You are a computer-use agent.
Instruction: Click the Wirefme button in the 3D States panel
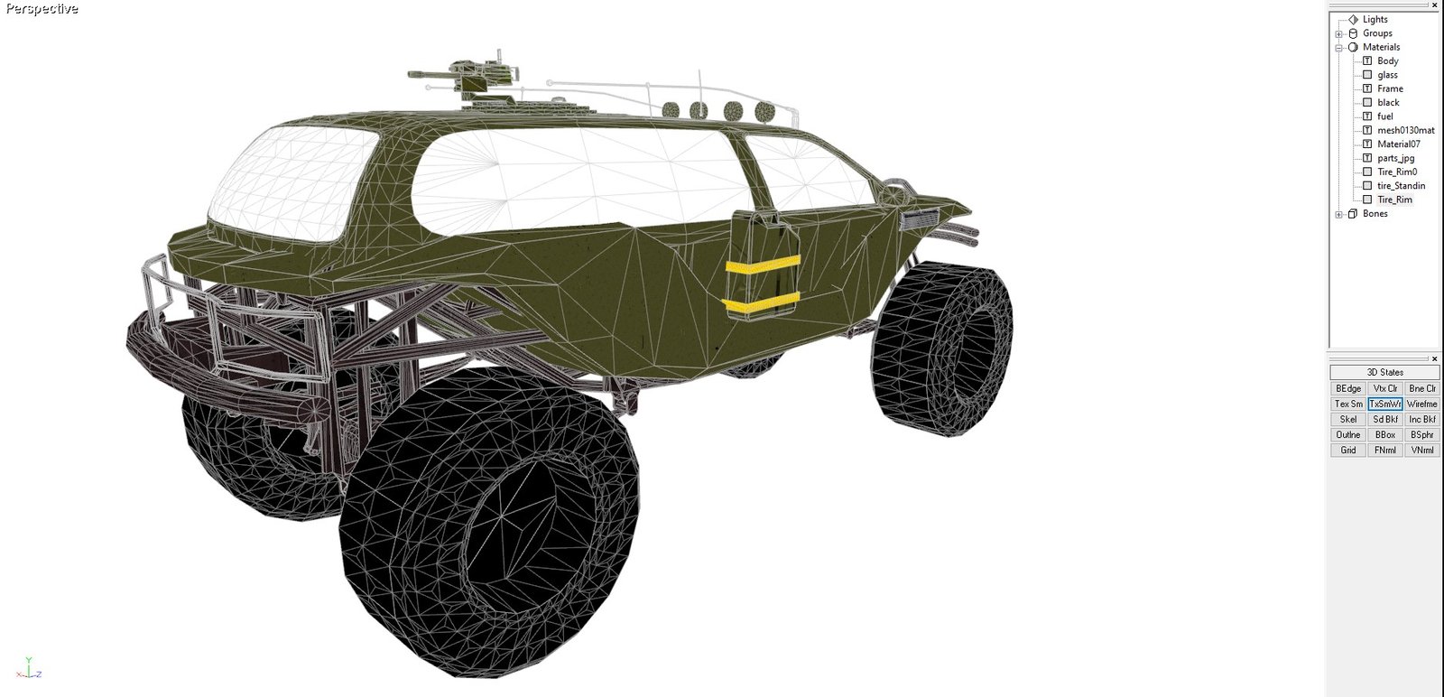point(1421,404)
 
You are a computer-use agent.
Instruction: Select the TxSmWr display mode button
point(1384,404)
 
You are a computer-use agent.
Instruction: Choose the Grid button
point(1348,450)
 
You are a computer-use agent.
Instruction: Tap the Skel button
point(1348,420)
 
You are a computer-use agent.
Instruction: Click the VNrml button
point(1421,450)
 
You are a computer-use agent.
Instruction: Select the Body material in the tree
point(1387,60)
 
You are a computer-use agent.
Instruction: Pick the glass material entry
point(1387,75)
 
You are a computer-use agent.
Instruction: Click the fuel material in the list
point(1384,116)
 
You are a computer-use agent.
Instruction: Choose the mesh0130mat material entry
point(1405,130)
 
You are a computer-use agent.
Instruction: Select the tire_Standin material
point(1401,186)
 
